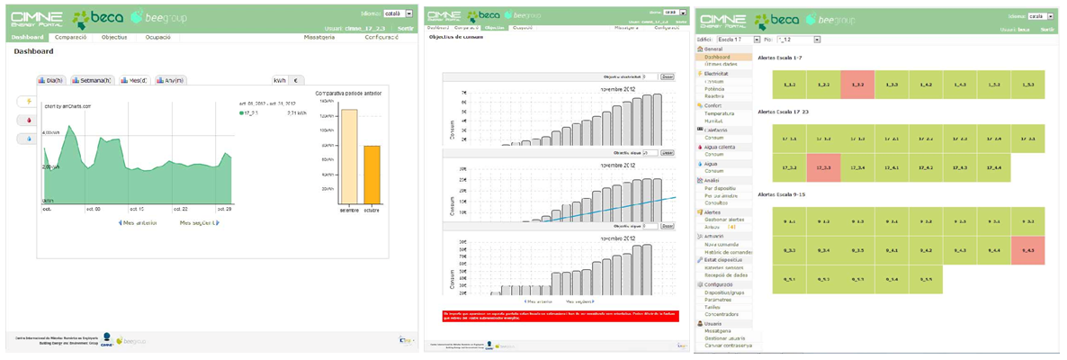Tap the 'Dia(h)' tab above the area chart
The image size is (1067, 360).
click(51, 81)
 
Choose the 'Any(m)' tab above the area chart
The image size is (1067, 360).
click(171, 81)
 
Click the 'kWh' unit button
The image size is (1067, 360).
click(279, 81)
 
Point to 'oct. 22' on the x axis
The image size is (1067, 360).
click(176, 209)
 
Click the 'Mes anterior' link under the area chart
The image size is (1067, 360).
click(138, 222)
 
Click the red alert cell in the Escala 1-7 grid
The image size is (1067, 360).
click(857, 85)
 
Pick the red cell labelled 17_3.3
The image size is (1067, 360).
click(823, 168)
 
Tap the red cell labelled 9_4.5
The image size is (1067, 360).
click(1027, 250)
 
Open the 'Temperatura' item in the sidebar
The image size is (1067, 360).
click(720, 114)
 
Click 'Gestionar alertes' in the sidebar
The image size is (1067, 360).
click(727, 220)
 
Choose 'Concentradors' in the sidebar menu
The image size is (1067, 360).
click(722, 314)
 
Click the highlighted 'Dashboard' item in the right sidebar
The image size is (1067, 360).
click(718, 57)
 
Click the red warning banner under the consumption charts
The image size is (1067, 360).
click(557, 314)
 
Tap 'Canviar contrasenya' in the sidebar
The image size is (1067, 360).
click(729, 346)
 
